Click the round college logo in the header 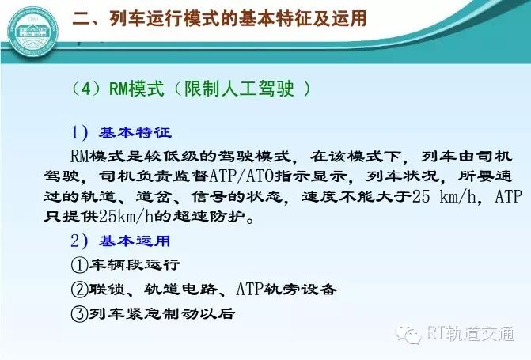pyautogui.click(x=33, y=33)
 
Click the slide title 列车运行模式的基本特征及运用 pyautogui.click(x=238, y=18)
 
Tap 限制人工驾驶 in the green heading pyautogui.click(x=239, y=89)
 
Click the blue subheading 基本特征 pyautogui.click(x=135, y=132)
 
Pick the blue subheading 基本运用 pyautogui.click(x=135, y=241)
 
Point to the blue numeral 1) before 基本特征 pyautogui.click(x=80, y=132)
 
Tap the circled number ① pyautogui.click(x=79, y=265)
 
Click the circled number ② pyautogui.click(x=79, y=290)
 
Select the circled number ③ pyautogui.click(x=79, y=313)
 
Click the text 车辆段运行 pyautogui.click(x=134, y=264)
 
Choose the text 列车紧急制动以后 pyautogui.click(x=161, y=313)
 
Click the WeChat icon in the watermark pyautogui.click(x=408, y=335)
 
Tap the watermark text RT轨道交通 pyautogui.click(x=471, y=334)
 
